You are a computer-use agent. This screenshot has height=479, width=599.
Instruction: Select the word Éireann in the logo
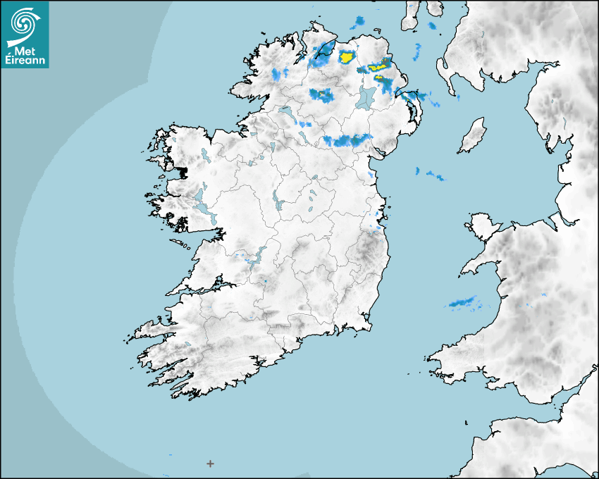(x=26, y=61)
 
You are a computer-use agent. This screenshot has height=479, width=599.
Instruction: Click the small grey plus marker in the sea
(x=210, y=463)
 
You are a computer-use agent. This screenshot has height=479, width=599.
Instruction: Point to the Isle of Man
(x=472, y=136)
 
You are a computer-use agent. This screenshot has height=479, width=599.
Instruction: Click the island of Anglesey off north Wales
(x=483, y=227)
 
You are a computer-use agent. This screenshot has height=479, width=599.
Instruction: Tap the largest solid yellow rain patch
(x=346, y=57)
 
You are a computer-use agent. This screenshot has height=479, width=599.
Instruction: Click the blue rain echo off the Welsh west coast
(x=464, y=303)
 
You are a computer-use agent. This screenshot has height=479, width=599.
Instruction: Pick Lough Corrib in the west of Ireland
(x=204, y=209)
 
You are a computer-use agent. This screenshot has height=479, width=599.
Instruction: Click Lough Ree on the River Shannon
(x=275, y=200)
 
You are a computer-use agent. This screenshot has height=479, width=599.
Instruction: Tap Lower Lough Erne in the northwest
(x=285, y=112)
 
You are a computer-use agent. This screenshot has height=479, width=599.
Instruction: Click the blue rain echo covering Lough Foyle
(x=323, y=54)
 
